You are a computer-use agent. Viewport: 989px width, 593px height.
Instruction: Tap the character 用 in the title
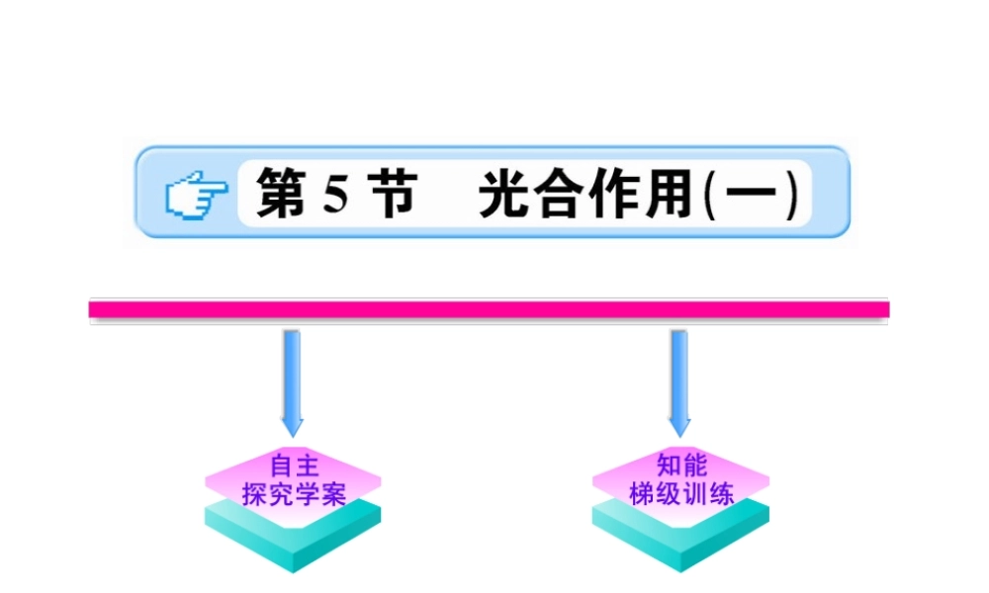(x=670, y=195)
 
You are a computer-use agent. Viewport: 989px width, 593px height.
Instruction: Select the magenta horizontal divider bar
(x=490, y=309)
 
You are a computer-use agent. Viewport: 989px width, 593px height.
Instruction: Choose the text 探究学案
(x=293, y=493)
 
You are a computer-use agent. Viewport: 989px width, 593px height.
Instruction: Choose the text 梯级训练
(x=680, y=493)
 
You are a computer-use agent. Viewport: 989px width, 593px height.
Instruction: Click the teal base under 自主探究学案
(x=293, y=539)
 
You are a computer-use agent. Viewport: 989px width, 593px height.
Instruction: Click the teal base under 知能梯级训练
(x=680, y=539)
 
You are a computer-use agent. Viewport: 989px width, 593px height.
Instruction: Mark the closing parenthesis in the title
(x=794, y=196)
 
